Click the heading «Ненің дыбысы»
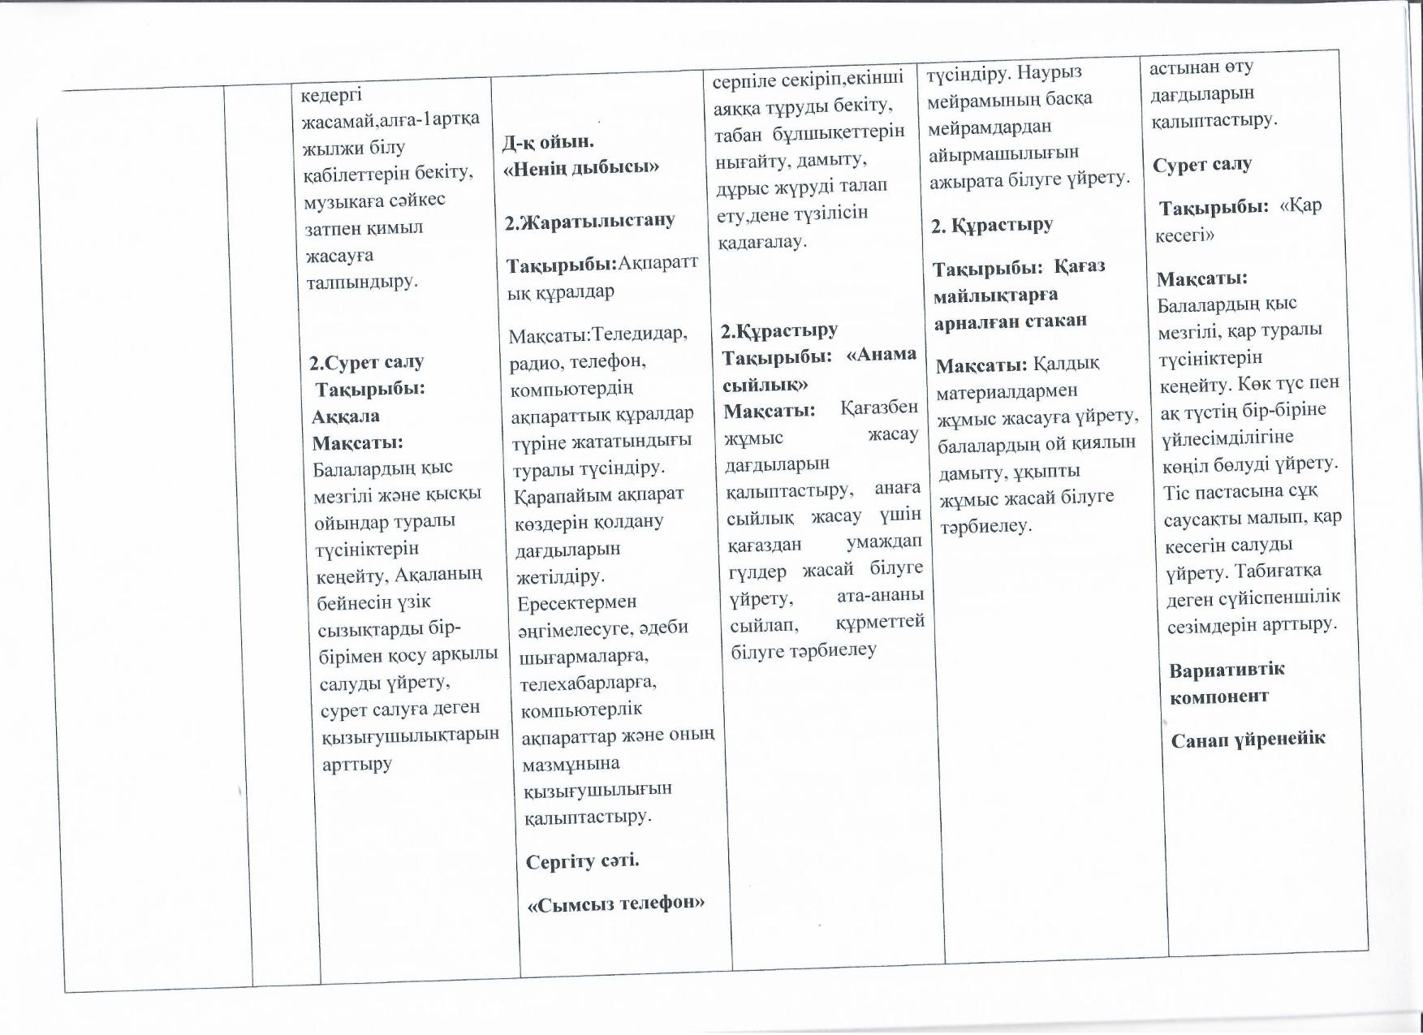coord(581,168)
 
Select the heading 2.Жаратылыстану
coord(589,221)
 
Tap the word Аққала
coord(346,416)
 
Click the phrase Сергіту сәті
coord(583,860)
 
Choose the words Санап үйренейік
coord(1248,739)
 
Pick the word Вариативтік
coord(1227,670)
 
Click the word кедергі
coord(332,95)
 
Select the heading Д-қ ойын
coord(548,142)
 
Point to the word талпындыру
coord(361,282)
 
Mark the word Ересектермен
coord(577,603)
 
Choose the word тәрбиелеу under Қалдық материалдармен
coord(986,526)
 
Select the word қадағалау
coord(761,241)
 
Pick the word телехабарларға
coord(588,682)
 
